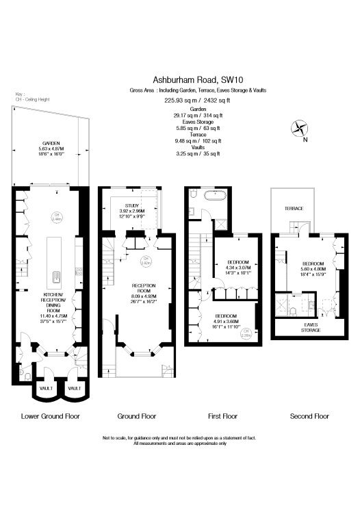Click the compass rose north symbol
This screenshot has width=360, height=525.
[300, 127]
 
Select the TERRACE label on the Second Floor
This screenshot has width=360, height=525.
[294, 208]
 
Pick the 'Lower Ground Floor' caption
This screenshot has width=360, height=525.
[51, 416]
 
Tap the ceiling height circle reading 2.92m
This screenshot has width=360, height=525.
[146, 261]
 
